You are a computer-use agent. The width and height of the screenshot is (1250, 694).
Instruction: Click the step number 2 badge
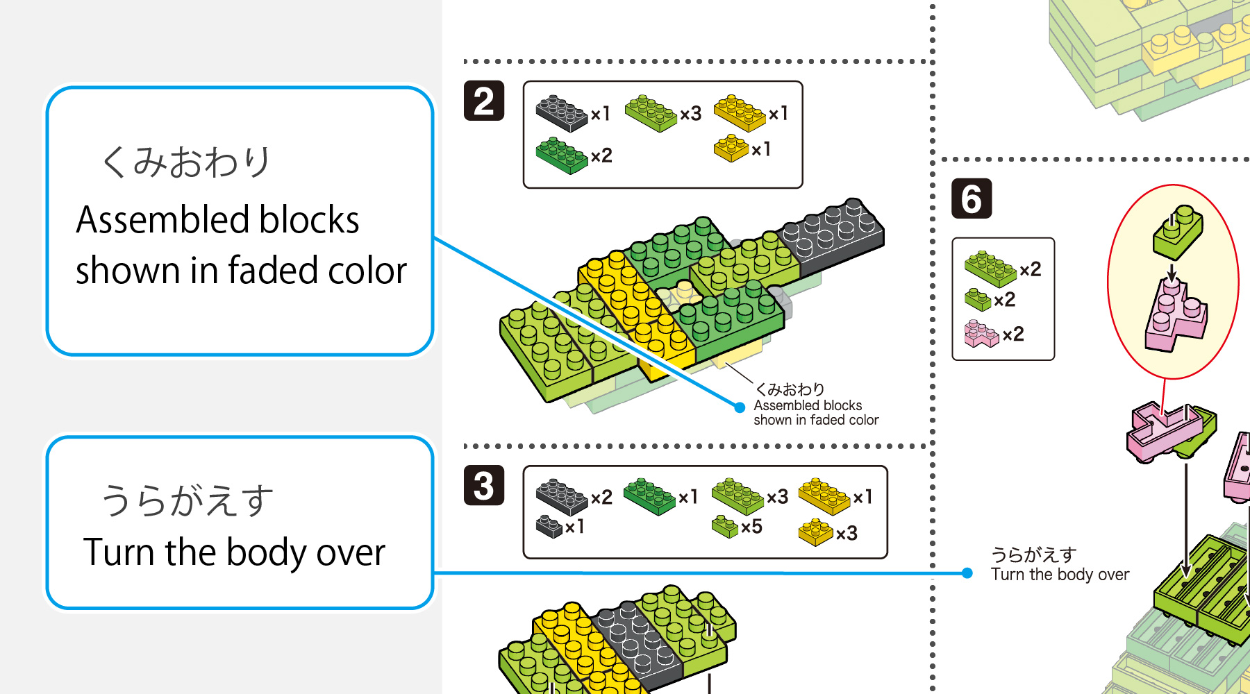[x=484, y=101]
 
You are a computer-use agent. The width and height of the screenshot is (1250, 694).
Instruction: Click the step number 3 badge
[x=484, y=485]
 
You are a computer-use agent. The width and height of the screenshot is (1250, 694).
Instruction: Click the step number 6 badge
[x=971, y=198]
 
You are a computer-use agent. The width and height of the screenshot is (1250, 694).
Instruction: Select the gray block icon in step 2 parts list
[x=561, y=113]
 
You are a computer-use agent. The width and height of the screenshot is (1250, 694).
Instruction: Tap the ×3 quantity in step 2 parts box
[x=690, y=114]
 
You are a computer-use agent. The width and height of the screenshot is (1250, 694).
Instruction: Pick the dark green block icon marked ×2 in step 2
[x=561, y=155]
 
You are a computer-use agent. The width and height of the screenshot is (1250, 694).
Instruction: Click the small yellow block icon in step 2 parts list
[x=731, y=148]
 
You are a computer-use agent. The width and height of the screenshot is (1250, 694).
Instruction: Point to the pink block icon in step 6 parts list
[x=981, y=334]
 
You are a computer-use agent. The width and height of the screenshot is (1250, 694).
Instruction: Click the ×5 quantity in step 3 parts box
[x=751, y=527]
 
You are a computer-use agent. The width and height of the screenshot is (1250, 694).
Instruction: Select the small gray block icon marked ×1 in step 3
[x=549, y=526]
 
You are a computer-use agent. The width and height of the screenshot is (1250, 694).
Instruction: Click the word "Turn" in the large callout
[x=119, y=552]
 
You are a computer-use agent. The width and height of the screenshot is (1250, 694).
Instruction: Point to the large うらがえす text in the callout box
[x=187, y=500]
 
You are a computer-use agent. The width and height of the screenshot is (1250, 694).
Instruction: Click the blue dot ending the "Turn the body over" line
[x=967, y=573]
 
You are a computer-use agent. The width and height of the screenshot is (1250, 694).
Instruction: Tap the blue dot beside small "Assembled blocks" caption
[x=740, y=407]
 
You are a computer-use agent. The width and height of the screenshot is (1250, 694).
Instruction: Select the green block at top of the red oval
[x=1178, y=230]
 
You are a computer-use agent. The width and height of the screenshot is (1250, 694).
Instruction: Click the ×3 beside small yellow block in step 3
[x=847, y=534]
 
